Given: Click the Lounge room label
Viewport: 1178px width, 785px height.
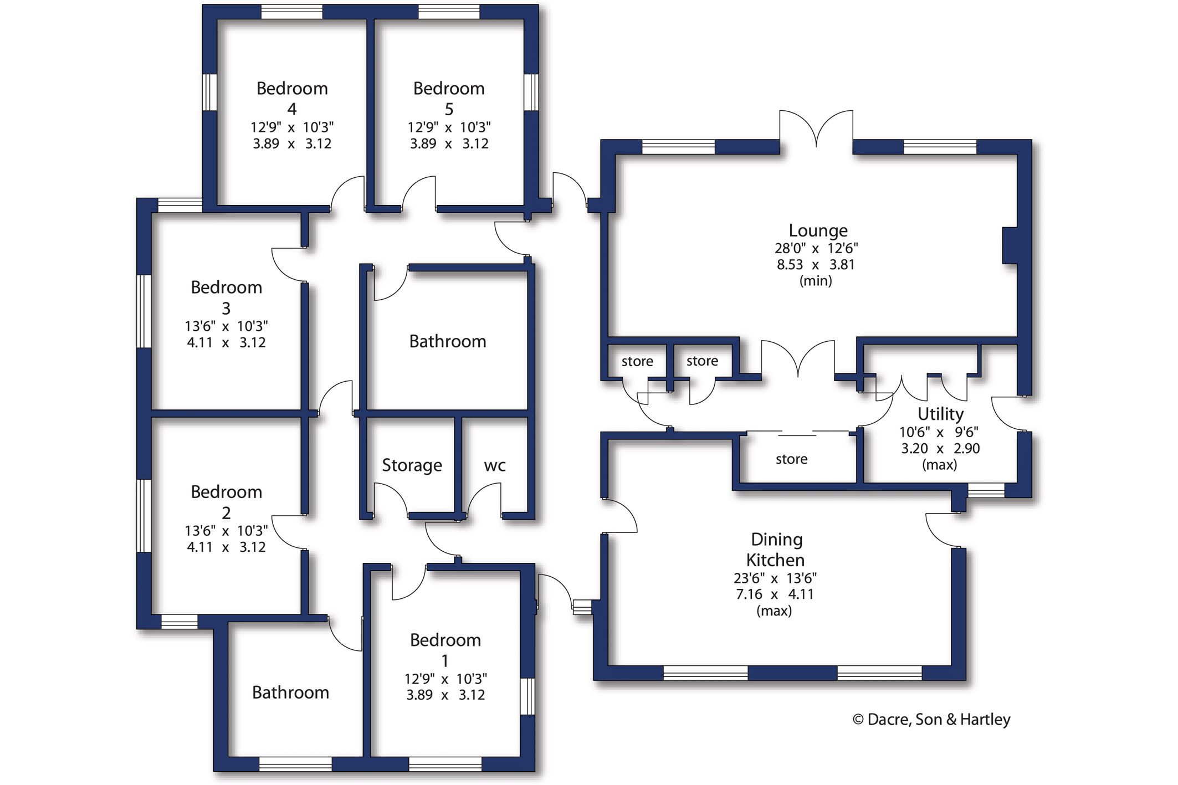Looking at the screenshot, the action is coord(818,230).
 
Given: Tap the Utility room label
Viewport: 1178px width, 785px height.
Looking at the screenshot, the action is coord(940,414).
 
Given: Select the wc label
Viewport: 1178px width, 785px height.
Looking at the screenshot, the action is coord(495,466).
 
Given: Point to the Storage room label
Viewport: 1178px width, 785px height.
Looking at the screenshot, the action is coord(412,465).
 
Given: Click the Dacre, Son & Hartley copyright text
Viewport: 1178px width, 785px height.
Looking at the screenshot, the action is coord(931,719).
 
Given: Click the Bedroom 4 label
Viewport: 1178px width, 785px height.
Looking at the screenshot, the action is coord(292,98).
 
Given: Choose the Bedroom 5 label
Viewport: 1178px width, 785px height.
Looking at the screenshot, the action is coord(449,98).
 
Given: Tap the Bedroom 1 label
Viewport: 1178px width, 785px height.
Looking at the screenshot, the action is coord(445,650).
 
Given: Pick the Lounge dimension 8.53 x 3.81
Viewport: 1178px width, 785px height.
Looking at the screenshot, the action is coord(816,265).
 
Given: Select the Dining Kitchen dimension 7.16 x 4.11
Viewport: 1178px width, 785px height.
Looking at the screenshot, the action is coord(775,594).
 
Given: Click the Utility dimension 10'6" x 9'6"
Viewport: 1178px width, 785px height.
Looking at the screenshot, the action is coord(939,432).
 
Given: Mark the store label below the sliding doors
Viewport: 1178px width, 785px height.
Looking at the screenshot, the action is coord(791,459).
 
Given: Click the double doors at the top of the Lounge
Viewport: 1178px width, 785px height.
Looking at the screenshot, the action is coord(816,130).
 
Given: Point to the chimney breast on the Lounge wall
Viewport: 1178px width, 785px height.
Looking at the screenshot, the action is coord(1010,245).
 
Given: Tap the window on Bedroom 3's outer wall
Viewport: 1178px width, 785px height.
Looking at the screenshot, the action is coord(144,311).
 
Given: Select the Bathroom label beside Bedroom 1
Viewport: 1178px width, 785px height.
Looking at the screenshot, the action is coord(290,692).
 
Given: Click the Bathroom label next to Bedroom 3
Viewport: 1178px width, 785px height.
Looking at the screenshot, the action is coord(448,341).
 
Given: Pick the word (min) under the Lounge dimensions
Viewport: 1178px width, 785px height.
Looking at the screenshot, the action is coord(816,281).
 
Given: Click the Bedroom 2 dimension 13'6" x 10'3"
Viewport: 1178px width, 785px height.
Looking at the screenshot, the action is coord(226,531).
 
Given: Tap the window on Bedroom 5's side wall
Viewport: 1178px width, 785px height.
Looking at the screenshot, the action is coord(531,92).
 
